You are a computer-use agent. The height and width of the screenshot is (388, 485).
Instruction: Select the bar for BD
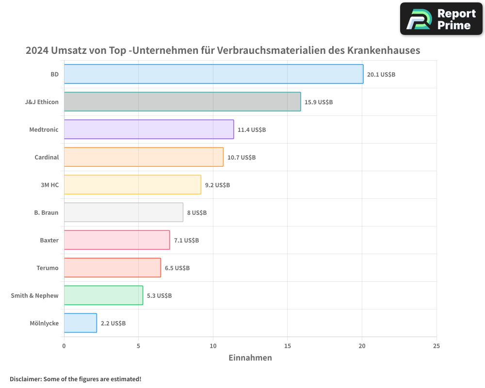(213, 74)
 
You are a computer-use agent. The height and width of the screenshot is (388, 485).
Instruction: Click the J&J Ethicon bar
(182, 102)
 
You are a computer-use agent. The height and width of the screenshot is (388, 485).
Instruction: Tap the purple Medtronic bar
(149, 129)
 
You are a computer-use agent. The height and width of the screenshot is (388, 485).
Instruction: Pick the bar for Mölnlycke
(81, 323)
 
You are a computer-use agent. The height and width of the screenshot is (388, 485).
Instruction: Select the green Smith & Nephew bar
(103, 295)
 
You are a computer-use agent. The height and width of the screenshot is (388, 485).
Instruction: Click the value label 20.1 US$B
(381, 75)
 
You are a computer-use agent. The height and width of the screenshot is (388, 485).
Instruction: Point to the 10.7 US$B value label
(242, 158)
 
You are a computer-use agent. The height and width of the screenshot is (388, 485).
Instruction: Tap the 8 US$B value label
(197, 213)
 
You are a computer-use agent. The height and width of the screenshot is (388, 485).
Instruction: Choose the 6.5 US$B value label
(177, 268)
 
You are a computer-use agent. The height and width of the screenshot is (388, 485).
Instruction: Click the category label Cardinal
(47, 157)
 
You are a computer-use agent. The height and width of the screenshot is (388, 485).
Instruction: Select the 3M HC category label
(49, 185)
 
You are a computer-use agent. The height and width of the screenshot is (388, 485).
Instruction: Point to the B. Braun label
(46, 212)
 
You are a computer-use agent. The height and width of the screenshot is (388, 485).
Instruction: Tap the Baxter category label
(49, 240)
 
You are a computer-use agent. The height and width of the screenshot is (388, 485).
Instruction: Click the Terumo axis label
(48, 268)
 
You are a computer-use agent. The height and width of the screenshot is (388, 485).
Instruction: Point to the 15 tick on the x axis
(288, 346)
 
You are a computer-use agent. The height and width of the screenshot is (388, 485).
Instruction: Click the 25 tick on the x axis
(436, 346)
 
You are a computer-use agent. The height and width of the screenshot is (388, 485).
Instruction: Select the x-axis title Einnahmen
(250, 358)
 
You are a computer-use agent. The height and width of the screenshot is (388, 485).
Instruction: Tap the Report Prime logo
(441, 19)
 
